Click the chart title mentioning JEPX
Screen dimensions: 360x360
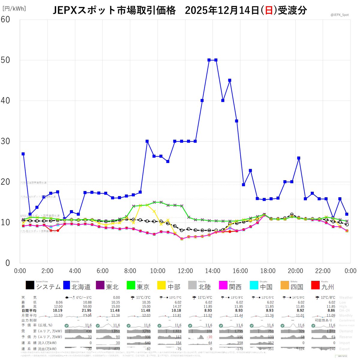coord(180,11)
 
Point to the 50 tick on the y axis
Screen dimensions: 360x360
coord(6,60)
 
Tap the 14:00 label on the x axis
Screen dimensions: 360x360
coord(213,271)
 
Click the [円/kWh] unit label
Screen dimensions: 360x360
coord(14,9)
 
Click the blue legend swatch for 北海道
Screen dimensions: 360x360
coord(67,285)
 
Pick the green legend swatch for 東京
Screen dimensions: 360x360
coord(131,285)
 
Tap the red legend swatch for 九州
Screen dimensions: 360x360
coord(316,285)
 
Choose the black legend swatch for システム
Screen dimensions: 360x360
coord(30,285)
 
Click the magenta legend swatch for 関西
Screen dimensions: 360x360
coord(223,285)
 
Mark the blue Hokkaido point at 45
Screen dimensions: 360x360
coord(230,80)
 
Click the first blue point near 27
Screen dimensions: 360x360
coord(23,154)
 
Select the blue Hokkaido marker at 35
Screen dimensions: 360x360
coord(237,121)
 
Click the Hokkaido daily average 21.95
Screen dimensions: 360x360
coord(86,311)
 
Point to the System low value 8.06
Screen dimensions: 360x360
coord(57,302)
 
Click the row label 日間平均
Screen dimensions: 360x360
coord(29,311)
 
